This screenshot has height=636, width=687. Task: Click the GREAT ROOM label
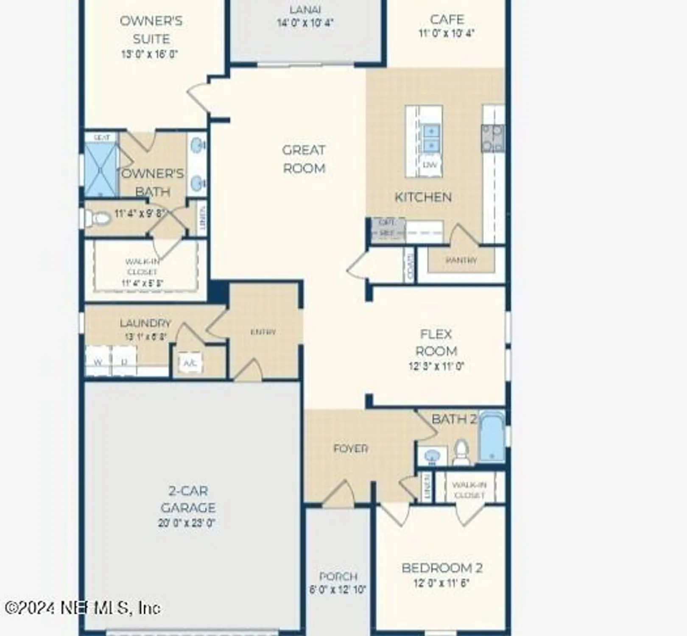pos(304,159)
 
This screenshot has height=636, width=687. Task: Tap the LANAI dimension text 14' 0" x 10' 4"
pos(305,22)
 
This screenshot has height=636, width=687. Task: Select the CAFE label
pos(447,20)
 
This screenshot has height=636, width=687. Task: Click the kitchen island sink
pos(431,138)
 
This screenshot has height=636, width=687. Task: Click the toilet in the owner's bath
pos(98,218)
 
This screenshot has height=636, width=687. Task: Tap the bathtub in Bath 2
pos(492,437)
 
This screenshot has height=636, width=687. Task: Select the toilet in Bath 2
pos(461,452)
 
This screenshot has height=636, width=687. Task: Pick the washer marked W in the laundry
pos(98,362)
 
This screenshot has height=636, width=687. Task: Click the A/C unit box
pos(190,363)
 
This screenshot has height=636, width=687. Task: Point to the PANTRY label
pos(461,260)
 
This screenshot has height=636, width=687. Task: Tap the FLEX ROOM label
pos(436,343)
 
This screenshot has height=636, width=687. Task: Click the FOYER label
pos(350,448)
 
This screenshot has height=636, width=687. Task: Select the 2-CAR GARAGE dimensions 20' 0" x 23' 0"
pos(187,523)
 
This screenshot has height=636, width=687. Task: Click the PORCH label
pos(338,576)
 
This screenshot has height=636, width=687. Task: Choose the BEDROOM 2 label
pos(442,568)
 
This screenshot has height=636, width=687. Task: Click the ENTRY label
pos(263,332)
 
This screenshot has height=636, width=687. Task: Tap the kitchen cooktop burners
pos(493,138)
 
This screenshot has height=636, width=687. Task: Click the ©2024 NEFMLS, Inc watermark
pos(83,608)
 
